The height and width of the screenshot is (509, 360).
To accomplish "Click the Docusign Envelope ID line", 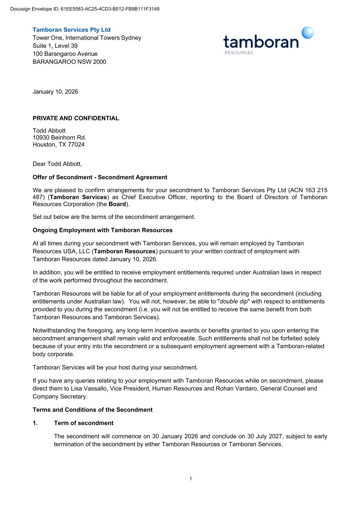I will [85, 9].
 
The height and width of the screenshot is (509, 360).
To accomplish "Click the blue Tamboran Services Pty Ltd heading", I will [72, 30].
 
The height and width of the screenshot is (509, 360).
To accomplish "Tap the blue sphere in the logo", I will [307, 33].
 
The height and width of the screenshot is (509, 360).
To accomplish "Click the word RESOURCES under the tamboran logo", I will [239, 53].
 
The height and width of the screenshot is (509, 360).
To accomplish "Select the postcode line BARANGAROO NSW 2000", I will [69, 62].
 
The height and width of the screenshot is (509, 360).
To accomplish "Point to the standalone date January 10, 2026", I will [55, 92].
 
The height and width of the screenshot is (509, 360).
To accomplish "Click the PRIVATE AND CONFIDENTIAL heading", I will [76, 118].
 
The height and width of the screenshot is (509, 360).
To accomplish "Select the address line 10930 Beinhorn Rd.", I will [59, 138].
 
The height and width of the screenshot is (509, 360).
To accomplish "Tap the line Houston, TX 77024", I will [59, 145].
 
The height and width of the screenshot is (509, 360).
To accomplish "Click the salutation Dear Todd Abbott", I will [57, 164].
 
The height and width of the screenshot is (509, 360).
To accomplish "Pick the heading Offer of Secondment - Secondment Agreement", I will [100, 177].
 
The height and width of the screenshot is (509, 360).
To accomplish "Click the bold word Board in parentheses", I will [117, 204].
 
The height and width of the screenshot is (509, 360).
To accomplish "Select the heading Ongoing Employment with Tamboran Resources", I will [103, 230].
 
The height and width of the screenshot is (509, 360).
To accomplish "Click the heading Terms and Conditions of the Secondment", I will [93, 410].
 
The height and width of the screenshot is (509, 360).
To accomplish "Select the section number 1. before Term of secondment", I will [35, 423].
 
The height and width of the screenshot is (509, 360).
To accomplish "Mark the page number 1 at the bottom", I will [191, 479].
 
